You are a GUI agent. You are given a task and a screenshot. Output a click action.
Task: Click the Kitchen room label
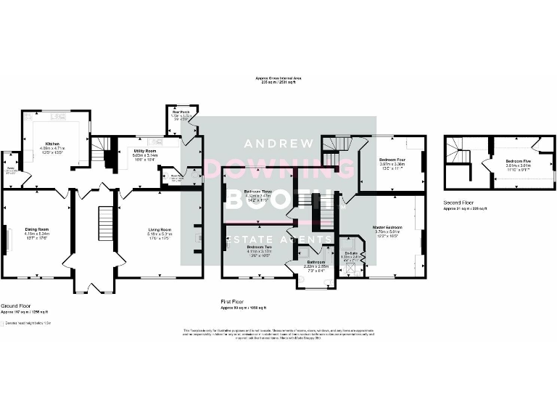51,144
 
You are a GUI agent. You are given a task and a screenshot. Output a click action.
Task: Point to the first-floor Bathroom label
315,262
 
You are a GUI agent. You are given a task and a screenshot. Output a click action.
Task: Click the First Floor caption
233,301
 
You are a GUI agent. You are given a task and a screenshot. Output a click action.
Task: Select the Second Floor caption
460,203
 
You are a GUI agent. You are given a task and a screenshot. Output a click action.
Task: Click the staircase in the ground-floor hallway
103,221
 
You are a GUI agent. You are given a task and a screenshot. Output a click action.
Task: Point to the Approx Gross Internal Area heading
278,78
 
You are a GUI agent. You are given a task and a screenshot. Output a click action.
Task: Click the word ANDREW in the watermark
278,142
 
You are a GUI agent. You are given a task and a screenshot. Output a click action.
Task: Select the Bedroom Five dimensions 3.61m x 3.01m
518,165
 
